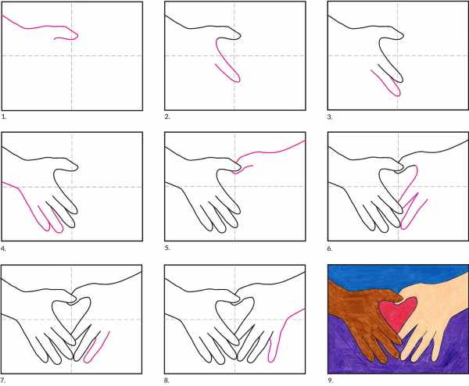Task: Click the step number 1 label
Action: pos(4,116)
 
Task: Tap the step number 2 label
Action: pos(167,116)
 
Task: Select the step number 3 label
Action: pos(330,117)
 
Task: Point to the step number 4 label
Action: pos(4,248)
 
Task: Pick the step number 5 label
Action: pos(167,248)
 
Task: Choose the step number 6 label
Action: pos(330,248)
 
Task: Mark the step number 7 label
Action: pos(3,381)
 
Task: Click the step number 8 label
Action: pos(166,381)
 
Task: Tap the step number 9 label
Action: pos(330,381)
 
